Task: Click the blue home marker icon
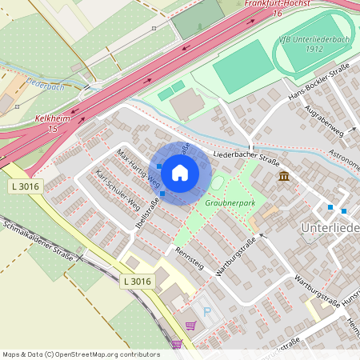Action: [180, 173]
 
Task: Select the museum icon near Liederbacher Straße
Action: [284, 176]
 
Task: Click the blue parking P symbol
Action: [206, 311]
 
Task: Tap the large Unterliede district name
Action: [329, 229]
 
